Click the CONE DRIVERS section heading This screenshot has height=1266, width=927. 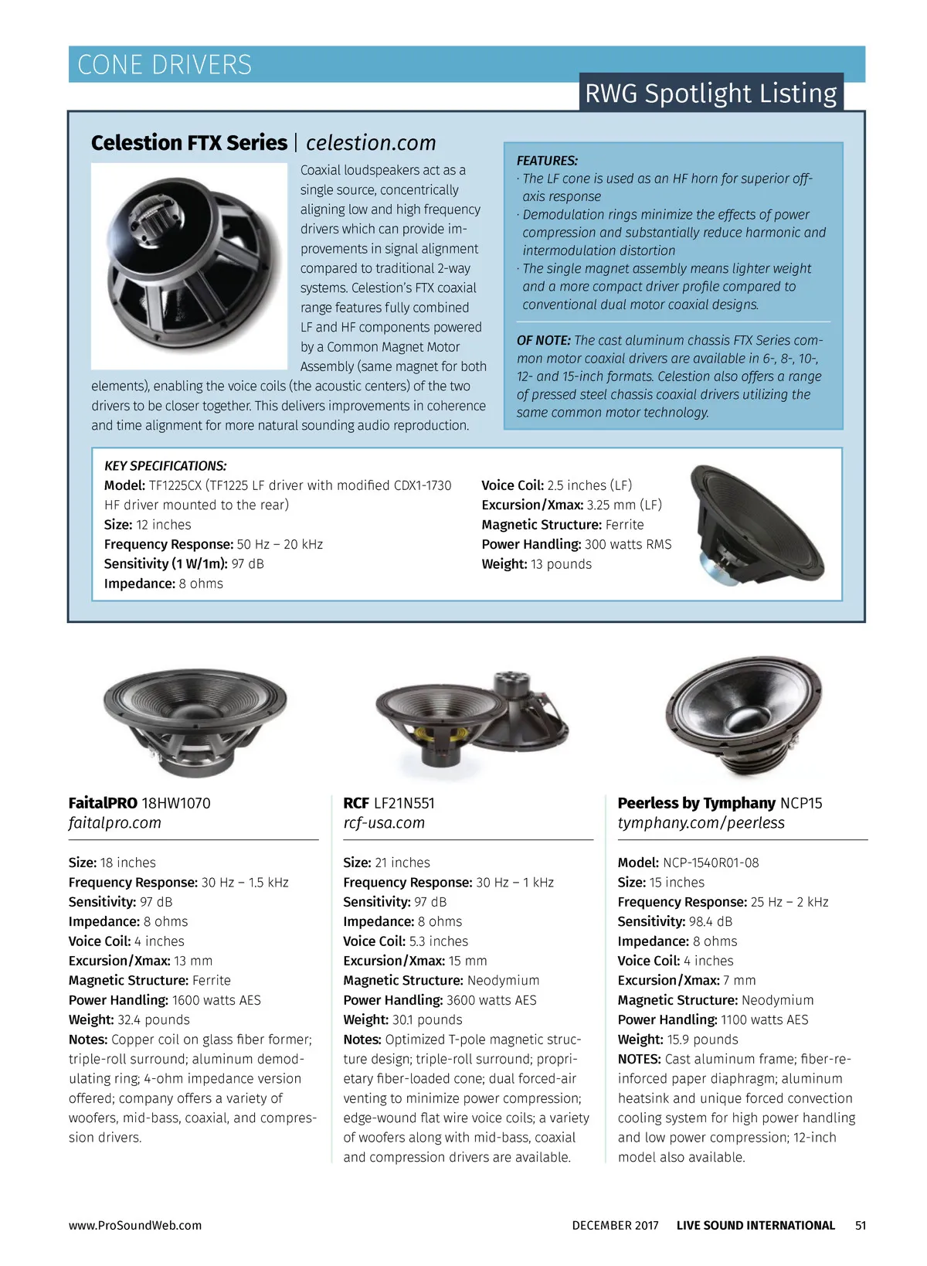tap(165, 64)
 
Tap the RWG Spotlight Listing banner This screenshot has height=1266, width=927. tap(710, 93)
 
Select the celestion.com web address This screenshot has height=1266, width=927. tap(371, 143)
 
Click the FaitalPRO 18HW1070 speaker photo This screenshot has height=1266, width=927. tap(194, 719)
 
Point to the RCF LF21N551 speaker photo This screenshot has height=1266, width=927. tap(471, 719)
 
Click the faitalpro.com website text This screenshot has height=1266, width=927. tap(114, 822)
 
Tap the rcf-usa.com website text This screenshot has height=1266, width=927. tap(384, 822)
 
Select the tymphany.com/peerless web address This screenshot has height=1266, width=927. tap(701, 822)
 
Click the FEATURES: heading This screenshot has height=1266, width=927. tap(547, 161)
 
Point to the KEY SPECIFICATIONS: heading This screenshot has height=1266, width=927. tap(165, 466)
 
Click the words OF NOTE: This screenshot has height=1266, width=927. tap(543, 340)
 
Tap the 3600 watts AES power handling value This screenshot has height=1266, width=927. tap(491, 1000)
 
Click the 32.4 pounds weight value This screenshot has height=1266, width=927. tap(154, 1019)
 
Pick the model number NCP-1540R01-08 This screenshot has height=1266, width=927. tap(711, 863)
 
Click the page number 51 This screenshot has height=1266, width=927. tap(861, 1225)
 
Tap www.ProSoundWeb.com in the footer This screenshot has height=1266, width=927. tap(134, 1225)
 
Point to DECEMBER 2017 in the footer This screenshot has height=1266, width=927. tap(615, 1225)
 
